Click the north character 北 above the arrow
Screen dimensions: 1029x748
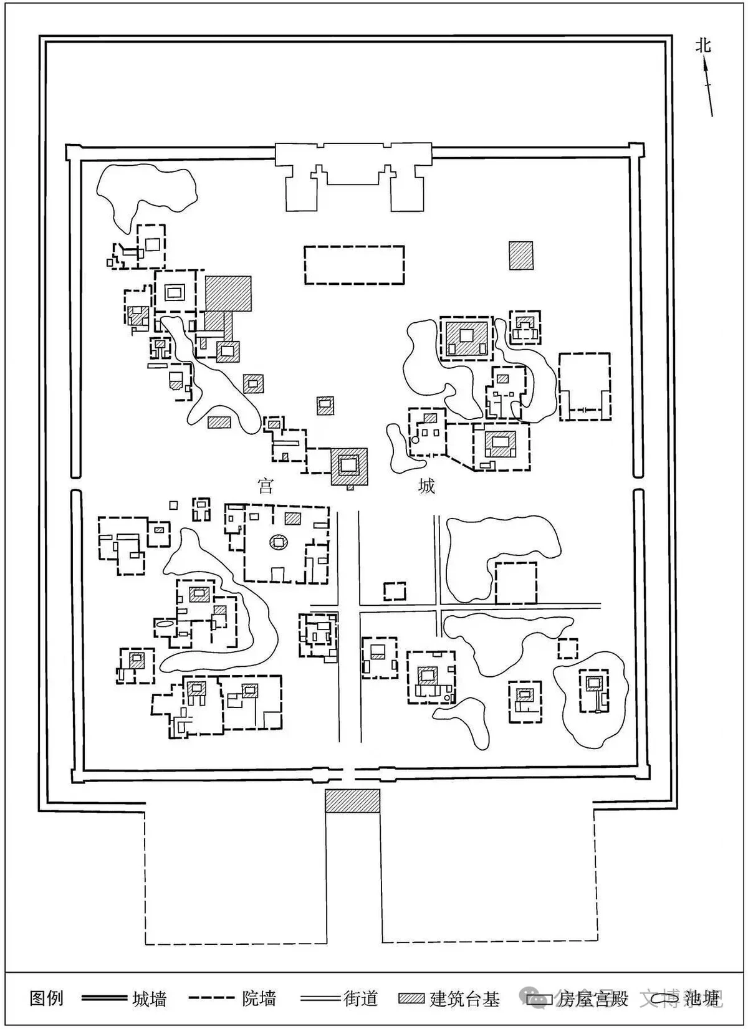point(703,45)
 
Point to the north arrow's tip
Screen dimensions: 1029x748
point(705,59)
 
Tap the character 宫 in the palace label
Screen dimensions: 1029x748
point(266,486)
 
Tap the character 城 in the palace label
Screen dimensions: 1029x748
point(426,486)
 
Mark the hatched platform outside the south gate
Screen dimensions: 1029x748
point(352,800)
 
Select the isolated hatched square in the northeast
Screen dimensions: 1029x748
point(521,256)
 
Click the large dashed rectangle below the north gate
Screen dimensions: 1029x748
point(354,266)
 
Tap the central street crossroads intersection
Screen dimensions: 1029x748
point(359,605)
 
